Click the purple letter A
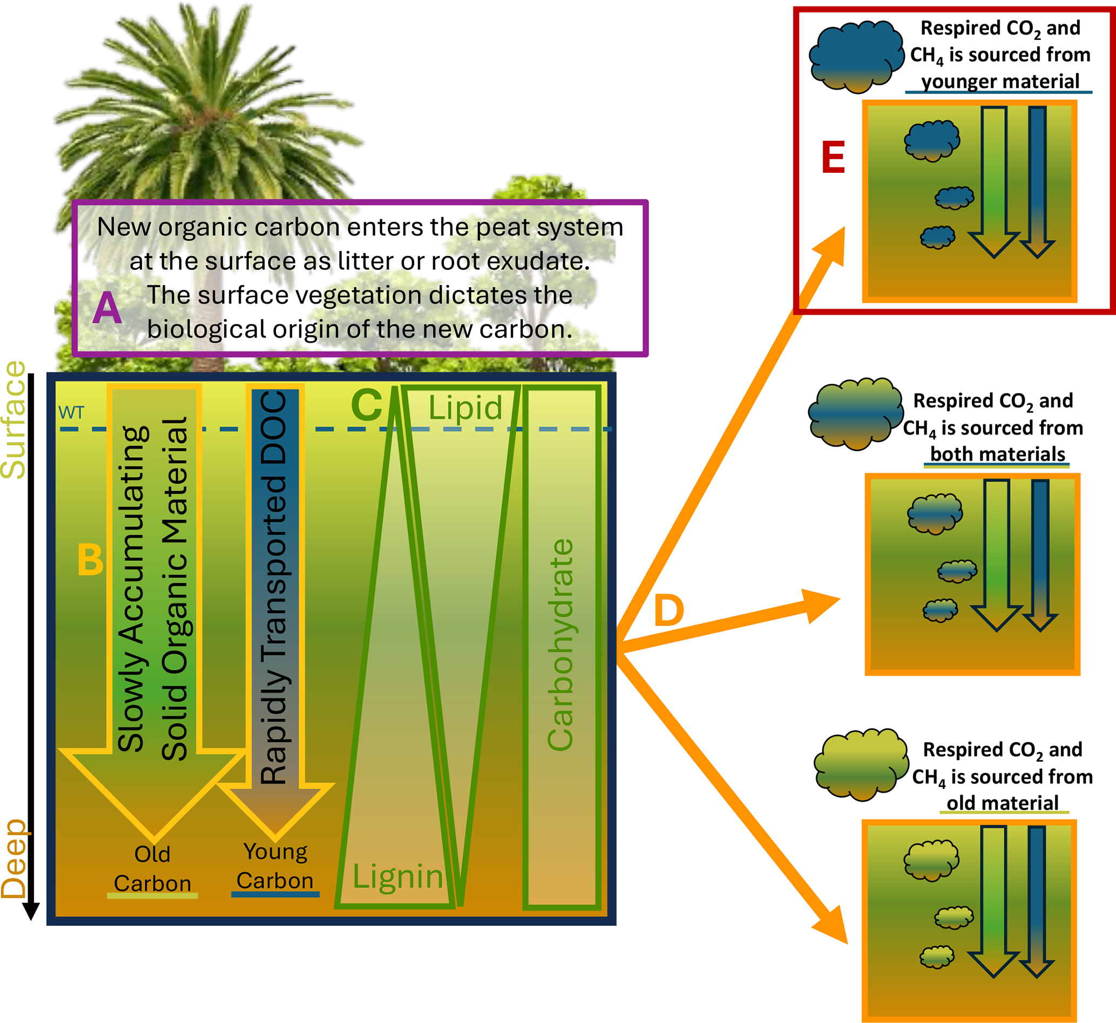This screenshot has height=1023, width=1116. pyautogui.click(x=107, y=308)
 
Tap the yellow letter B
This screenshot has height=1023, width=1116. pyautogui.click(x=90, y=560)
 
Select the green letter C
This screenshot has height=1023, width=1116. pyautogui.click(x=367, y=405)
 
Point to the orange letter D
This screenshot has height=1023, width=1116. pyautogui.click(x=669, y=611)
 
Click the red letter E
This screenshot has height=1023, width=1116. pyautogui.click(x=833, y=158)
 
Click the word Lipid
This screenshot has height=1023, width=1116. pyautogui.click(x=465, y=409)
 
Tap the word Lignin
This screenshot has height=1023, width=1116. pyautogui.click(x=398, y=877)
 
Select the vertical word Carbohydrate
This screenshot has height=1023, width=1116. pyautogui.click(x=560, y=645)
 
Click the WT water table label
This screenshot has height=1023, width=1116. pyautogui.click(x=71, y=413)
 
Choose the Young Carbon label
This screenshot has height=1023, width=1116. pyautogui.click(x=275, y=866)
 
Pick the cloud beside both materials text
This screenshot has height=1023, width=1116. pyautogui.click(x=855, y=414)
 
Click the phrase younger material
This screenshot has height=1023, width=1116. pyautogui.click(x=1000, y=82)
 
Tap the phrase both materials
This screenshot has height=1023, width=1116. pyautogui.click(x=998, y=454)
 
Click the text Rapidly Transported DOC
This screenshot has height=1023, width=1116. pyautogui.click(x=275, y=587)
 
